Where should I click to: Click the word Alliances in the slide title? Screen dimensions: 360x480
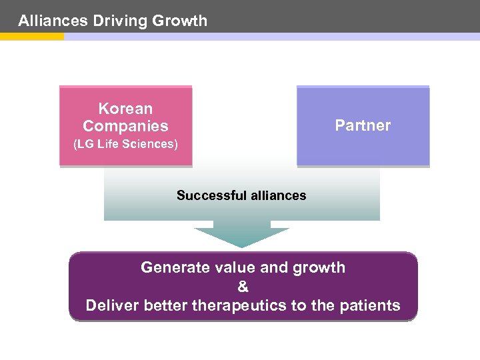pyautogui.click(x=53, y=21)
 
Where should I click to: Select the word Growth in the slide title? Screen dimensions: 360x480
pyautogui.click(x=179, y=21)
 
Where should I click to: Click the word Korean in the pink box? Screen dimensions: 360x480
pyautogui.click(x=125, y=109)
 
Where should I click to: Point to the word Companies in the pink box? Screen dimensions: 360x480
pyautogui.click(x=125, y=126)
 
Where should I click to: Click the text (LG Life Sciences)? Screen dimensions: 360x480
pyautogui.click(x=125, y=144)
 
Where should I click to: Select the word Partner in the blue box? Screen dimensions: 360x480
pyautogui.click(x=363, y=125)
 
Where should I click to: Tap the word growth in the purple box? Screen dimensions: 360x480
pyautogui.click(x=318, y=268)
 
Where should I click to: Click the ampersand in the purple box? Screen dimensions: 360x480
pyautogui.click(x=243, y=287)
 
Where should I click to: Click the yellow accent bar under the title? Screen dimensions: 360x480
pyautogui.click(x=31, y=37)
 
